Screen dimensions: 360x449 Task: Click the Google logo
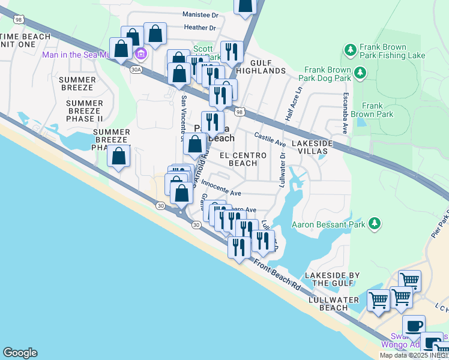tap(20, 353)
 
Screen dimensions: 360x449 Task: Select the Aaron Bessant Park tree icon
tap(375, 224)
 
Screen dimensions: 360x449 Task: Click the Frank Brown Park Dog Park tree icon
tap(360, 73)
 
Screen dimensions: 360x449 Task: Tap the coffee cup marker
tap(414, 326)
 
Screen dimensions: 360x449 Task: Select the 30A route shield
tap(136, 70)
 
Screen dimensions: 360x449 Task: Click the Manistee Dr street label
tap(200, 14)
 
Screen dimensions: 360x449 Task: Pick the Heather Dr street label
tap(200, 28)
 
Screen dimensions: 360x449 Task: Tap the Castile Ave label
tap(270, 139)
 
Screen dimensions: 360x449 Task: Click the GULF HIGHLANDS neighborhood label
tap(260, 67)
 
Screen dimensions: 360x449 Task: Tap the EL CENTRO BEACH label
tap(243, 159)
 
